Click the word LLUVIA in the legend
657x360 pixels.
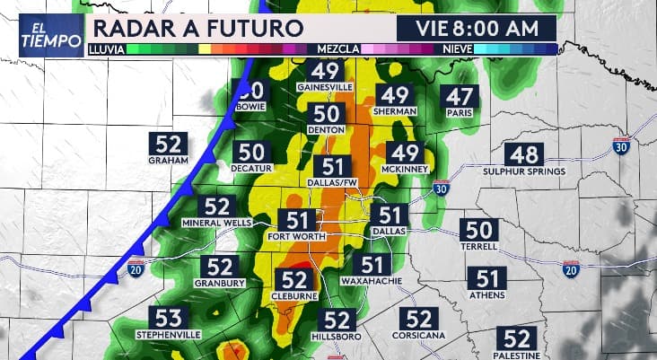[107, 48]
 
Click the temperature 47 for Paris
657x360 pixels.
[461, 97]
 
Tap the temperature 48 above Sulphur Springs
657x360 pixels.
[523, 155]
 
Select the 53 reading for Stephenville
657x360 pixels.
[169, 317]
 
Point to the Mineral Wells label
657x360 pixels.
[217, 222]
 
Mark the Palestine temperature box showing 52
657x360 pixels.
[517, 338]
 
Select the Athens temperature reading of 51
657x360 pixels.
[487, 278]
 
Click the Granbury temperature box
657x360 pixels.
[220, 267]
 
